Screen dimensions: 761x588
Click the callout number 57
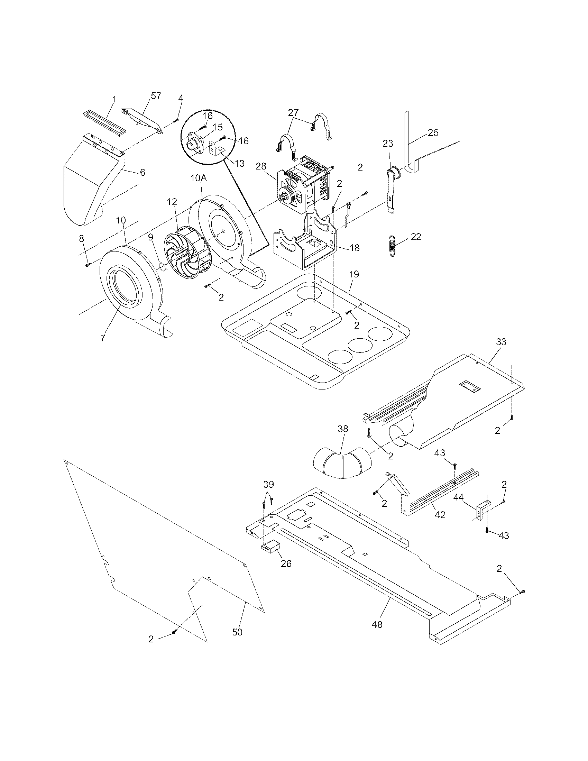point(156,95)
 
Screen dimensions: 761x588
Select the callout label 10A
point(199,178)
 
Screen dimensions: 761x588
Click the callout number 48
point(377,624)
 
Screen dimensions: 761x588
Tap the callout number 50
point(237,632)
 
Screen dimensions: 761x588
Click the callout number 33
point(501,342)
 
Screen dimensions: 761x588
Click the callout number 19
point(353,274)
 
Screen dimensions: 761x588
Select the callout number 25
point(433,132)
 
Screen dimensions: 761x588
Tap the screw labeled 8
point(88,265)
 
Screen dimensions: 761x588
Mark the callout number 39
point(268,484)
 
